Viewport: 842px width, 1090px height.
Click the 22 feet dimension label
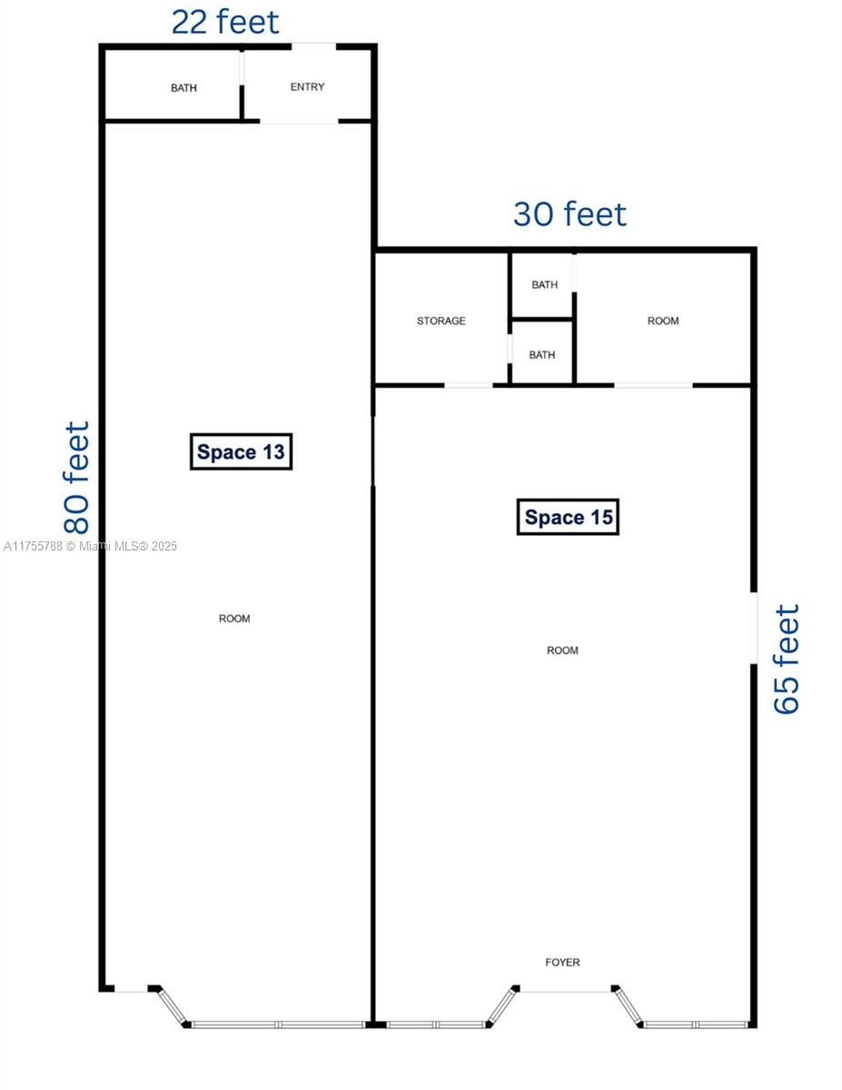pos(225,23)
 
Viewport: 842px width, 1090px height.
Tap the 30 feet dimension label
pos(570,214)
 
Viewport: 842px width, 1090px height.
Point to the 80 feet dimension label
pos(76,478)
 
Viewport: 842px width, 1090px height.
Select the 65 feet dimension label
pos(786,659)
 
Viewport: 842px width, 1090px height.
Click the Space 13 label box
pos(242,452)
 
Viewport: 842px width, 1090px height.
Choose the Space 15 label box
pos(569,517)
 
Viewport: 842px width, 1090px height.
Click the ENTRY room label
pos(307,87)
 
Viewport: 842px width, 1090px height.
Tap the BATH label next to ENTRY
pos(183,88)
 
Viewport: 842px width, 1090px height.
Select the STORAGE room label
pos(441,321)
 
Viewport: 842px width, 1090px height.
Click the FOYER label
pos(562,962)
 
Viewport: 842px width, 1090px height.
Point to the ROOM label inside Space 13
pos(234,619)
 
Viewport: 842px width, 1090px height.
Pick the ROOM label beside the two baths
pos(663,321)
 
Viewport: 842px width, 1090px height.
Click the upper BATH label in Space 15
pos(545,284)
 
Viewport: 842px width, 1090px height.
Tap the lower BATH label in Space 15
pos(542,354)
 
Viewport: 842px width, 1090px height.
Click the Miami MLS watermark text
pos(90,546)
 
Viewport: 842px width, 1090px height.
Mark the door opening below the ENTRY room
pos(299,122)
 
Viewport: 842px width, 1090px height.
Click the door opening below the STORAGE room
pos(469,385)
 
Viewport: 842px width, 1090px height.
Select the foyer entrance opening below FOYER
pos(565,988)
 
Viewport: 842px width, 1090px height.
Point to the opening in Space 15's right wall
pos(753,629)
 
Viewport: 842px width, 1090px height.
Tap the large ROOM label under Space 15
pos(562,650)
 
